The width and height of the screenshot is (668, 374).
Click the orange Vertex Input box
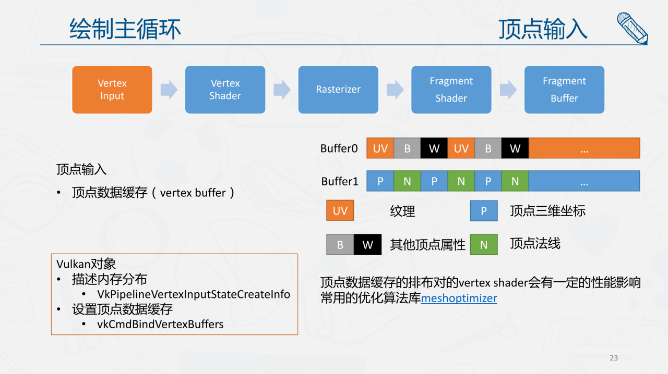point(112,90)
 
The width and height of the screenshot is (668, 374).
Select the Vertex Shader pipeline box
point(225,90)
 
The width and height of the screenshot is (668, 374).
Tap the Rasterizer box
point(338,90)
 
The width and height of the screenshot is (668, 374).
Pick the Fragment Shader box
point(451,90)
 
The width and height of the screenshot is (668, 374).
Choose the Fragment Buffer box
point(564,90)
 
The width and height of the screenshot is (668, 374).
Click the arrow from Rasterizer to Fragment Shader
point(395,90)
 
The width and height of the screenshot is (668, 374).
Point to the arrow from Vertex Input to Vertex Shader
point(169,90)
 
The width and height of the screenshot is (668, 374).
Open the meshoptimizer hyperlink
point(459,298)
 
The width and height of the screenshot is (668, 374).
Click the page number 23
point(614,358)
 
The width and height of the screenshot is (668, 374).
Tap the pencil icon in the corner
point(632,28)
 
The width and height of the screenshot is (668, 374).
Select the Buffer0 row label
point(339,148)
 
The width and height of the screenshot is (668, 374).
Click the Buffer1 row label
point(340,181)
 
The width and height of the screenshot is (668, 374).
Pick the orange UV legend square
point(340,211)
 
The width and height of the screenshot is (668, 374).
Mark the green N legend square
point(484,244)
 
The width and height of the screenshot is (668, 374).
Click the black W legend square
point(367,244)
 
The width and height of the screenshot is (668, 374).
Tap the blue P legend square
point(484,211)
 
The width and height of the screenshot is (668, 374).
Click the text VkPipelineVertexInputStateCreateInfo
point(194,294)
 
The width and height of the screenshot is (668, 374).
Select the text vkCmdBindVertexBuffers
point(160,324)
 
